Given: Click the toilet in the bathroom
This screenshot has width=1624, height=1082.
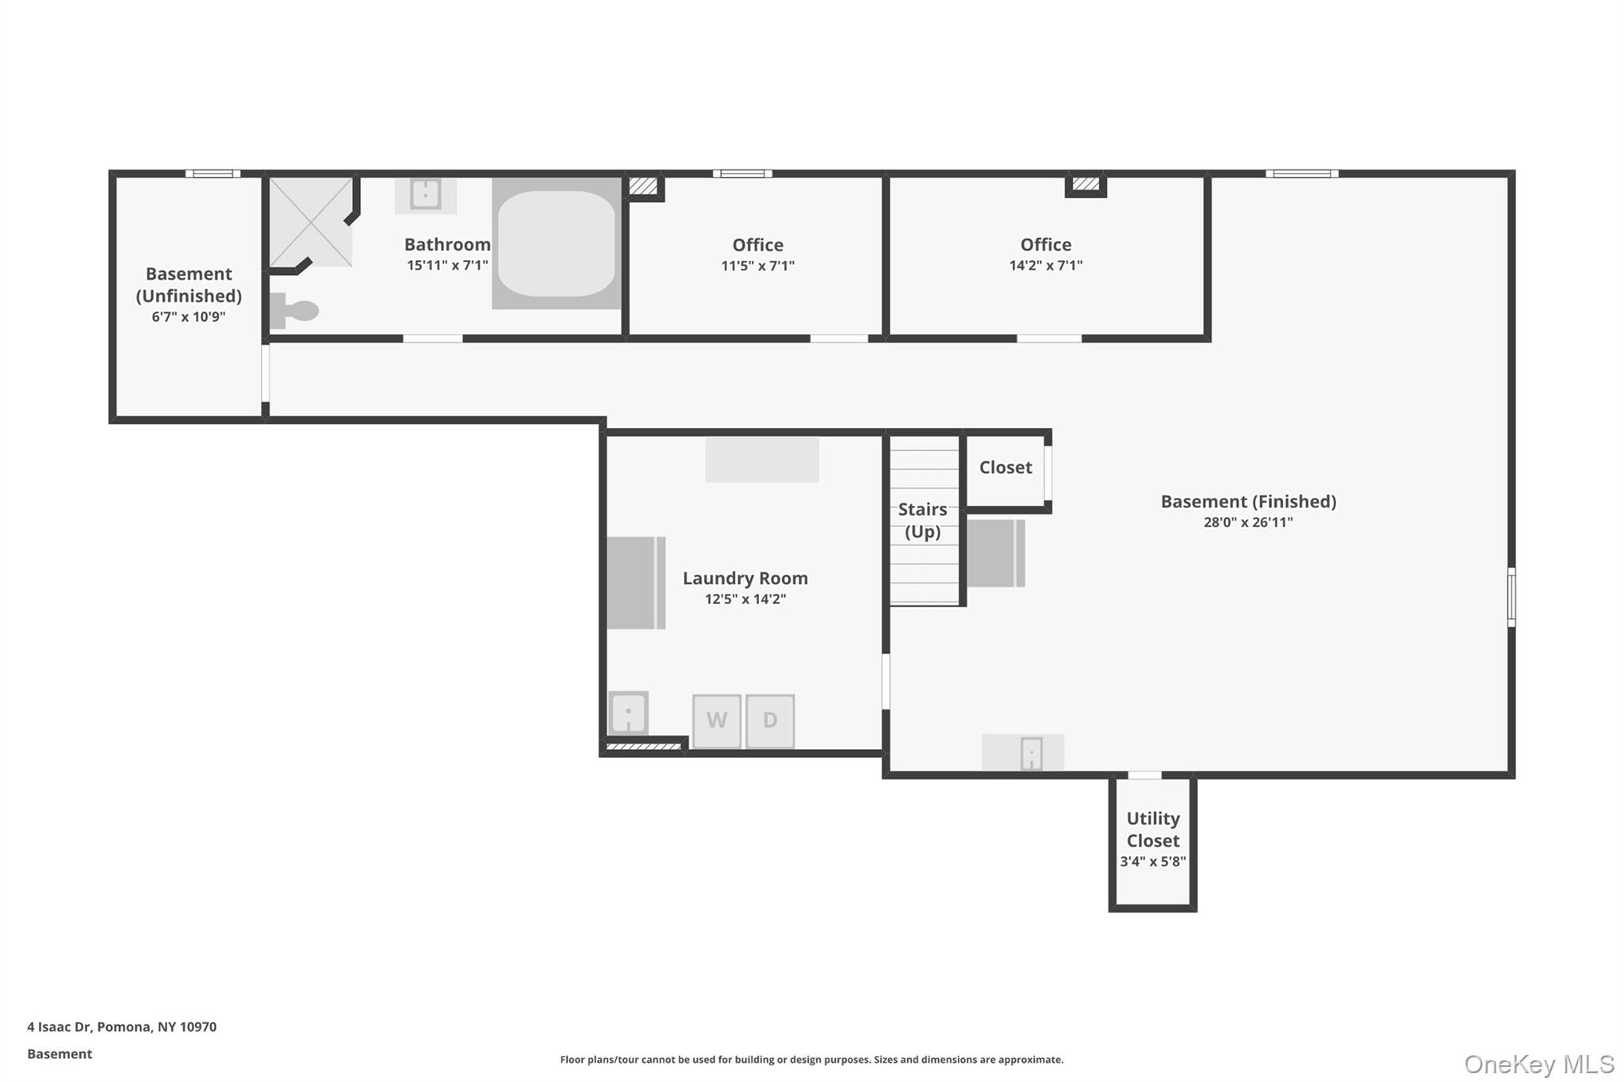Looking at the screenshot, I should pyautogui.click(x=295, y=311).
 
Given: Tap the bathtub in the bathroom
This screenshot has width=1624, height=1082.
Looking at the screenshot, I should pyautogui.click(x=556, y=243).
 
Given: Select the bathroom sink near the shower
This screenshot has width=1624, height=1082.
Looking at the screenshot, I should pyautogui.click(x=426, y=193).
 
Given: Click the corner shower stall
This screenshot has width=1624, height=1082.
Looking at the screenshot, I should pyautogui.click(x=310, y=222).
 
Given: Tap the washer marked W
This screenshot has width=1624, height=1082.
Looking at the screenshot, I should pyautogui.click(x=717, y=721).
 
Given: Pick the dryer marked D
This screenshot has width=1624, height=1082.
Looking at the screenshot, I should pyautogui.click(x=770, y=721).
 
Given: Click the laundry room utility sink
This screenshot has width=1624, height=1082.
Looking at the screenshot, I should pyautogui.click(x=628, y=713).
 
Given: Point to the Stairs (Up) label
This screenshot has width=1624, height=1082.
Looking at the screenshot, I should pyautogui.click(x=922, y=520).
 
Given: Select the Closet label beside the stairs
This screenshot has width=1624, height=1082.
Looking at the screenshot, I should pyautogui.click(x=1005, y=468).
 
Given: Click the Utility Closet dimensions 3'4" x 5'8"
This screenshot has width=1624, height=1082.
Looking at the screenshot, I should pyautogui.click(x=1153, y=862).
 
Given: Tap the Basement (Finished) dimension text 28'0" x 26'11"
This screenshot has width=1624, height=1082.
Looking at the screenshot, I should pyautogui.click(x=1248, y=522).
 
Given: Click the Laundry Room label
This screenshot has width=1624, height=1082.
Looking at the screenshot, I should pyautogui.click(x=745, y=578).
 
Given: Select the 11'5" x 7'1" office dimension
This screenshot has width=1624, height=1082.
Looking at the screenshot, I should pyautogui.click(x=757, y=266).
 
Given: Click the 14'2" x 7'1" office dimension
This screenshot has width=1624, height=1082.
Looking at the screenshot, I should pyautogui.click(x=1045, y=266).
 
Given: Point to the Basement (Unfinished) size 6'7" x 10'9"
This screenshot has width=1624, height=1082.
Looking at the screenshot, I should pyautogui.click(x=189, y=317).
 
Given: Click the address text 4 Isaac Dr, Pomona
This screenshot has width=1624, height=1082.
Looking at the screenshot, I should pyautogui.click(x=121, y=1027).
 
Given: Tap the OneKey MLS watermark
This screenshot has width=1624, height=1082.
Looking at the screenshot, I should pyautogui.click(x=1538, y=1064).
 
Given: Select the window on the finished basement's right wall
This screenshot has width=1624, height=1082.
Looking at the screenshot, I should pyautogui.click(x=1511, y=597).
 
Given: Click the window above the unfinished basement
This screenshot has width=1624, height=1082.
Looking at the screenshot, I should pyautogui.click(x=213, y=174).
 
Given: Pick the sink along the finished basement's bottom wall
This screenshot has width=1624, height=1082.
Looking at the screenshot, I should pyautogui.click(x=1030, y=753).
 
